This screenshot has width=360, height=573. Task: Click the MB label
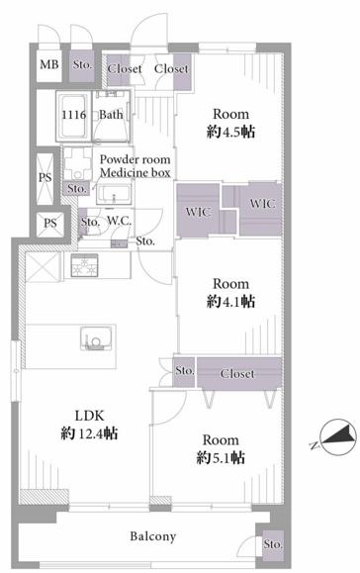tap(48, 64)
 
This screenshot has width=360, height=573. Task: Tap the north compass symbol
tap(337, 436)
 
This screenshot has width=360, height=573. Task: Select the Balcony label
tap(153, 536)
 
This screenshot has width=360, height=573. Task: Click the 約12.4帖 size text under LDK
tap(89, 433)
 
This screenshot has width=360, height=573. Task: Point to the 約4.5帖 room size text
tap(230, 132)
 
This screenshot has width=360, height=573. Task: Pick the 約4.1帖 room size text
tap(230, 301)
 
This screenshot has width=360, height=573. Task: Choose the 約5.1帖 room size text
tap(221, 457)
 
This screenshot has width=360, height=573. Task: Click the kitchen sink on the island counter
tap(96, 338)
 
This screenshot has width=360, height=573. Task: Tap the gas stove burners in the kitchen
tap(84, 265)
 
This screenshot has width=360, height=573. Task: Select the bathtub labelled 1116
tap(74, 115)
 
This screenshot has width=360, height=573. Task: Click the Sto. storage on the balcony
tap(273, 544)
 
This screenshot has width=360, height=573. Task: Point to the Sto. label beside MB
tap(82, 65)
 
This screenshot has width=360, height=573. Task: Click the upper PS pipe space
tap(45, 177)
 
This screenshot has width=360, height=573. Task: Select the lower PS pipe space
tap(50, 223)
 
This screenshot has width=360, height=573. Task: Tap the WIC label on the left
tap(198, 212)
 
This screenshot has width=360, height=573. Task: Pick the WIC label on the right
tap(262, 203)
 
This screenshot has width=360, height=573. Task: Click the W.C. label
tap(119, 221)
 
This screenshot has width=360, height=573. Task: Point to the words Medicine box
tap(135, 172)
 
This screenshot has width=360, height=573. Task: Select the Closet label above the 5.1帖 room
tap(237, 373)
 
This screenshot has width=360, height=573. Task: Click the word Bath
tap(111, 115)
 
